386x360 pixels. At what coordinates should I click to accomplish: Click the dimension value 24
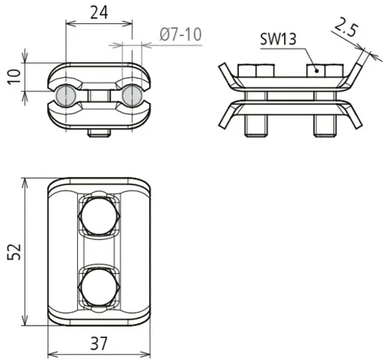[99, 12]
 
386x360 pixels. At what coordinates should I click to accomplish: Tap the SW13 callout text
[277, 39]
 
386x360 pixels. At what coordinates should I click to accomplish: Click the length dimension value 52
[12, 252]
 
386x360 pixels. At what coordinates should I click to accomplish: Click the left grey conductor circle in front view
[65, 95]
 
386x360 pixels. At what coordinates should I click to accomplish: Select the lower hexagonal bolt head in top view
[98, 285]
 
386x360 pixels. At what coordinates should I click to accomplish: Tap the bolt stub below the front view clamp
[98, 133]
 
